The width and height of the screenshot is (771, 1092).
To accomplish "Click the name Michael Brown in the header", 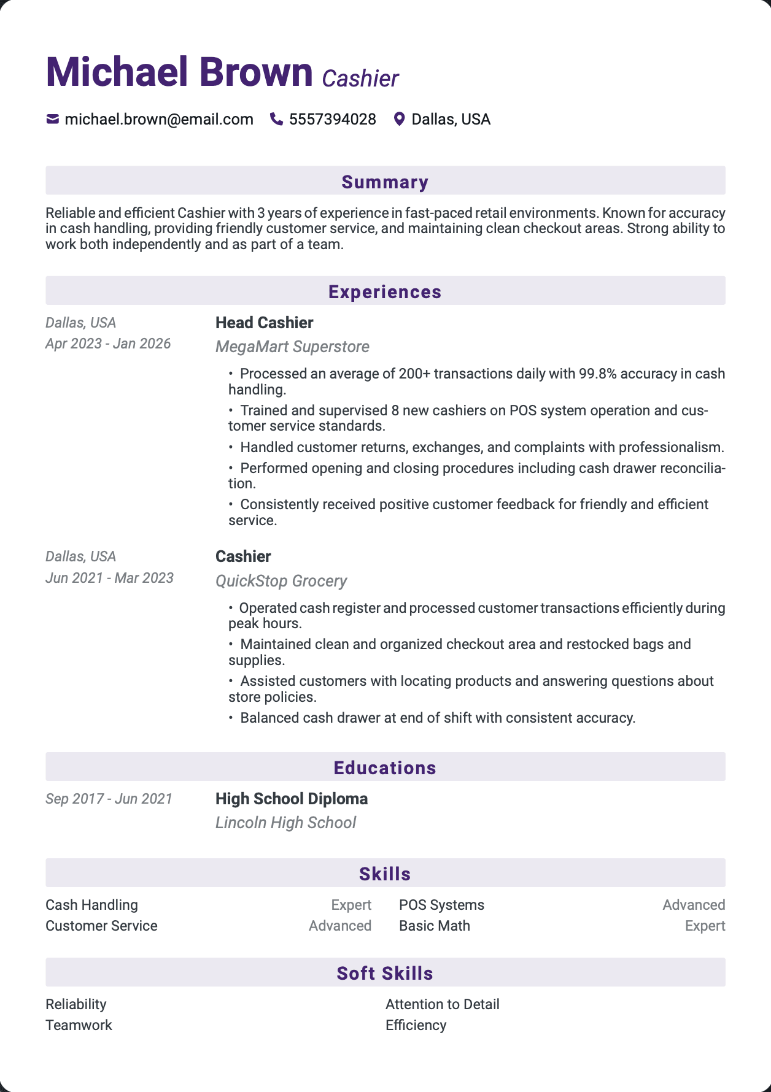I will (179, 72).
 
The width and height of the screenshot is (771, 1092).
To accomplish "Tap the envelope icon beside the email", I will (53, 119).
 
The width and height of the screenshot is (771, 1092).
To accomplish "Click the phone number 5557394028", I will (332, 119).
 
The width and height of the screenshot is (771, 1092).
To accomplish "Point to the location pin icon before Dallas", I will (399, 119).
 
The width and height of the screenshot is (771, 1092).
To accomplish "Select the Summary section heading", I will (385, 182).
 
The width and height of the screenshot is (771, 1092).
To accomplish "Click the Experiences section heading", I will (385, 291).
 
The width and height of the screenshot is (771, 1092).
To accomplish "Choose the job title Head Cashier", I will (264, 323).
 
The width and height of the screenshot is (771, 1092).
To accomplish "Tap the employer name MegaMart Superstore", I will (292, 347).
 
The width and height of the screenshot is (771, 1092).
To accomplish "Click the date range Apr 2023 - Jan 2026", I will (108, 344).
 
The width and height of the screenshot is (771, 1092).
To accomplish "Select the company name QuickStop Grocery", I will (281, 581).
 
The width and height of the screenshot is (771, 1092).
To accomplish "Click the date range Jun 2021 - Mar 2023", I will (109, 578).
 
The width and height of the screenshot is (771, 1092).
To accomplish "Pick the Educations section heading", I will (385, 767).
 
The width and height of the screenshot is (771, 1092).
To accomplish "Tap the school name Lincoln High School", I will (285, 823).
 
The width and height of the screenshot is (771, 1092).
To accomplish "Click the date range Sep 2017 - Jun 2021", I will (109, 799).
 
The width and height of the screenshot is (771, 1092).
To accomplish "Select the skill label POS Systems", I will (441, 905).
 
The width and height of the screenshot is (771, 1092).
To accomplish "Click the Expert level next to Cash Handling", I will (351, 905).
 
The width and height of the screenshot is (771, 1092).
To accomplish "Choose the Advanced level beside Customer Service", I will (340, 926).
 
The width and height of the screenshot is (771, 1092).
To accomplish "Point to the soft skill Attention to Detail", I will (442, 1004).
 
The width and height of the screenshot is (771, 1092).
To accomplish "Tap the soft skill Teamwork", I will (79, 1025).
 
